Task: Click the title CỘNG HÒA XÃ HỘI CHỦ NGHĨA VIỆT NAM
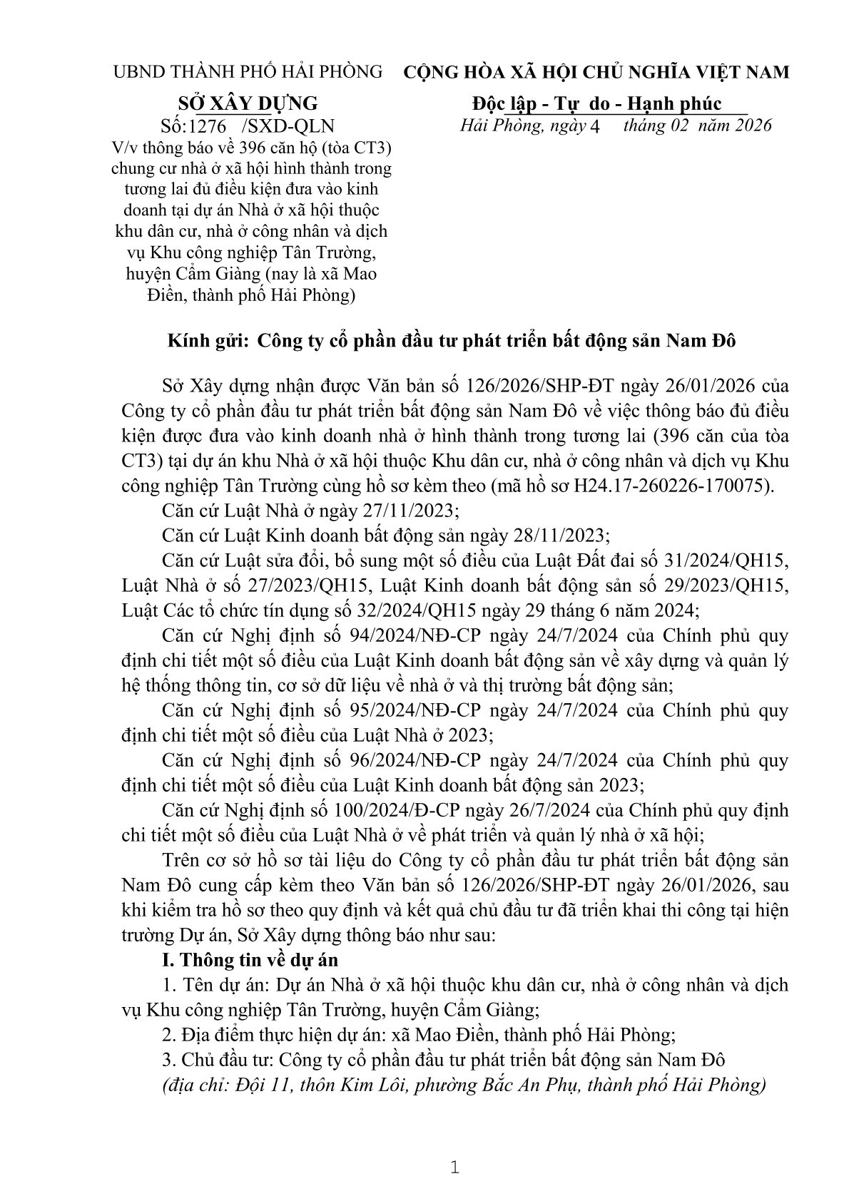coord(596,72)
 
